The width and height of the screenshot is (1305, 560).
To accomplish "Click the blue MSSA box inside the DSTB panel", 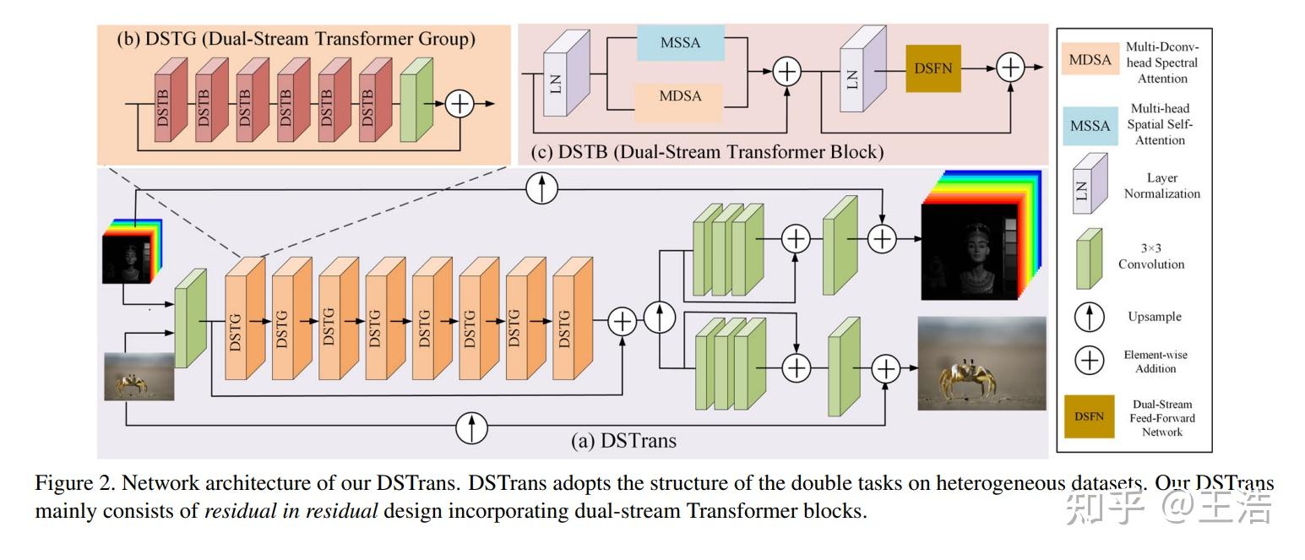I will click(x=681, y=42).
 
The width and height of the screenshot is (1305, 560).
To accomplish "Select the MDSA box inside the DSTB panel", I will click(x=681, y=96).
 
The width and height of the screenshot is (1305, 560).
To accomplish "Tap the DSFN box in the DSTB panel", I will click(x=933, y=68).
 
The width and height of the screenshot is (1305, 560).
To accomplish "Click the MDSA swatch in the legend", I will click(x=1090, y=60).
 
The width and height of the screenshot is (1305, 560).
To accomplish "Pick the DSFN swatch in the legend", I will click(x=1089, y=416).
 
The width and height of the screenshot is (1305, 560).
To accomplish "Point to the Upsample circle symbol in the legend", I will click(x=1090, y=318).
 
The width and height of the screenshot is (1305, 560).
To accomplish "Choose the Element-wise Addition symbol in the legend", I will click(x=1090, y=361).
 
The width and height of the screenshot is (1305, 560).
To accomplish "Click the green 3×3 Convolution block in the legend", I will click(x=1090, y=258).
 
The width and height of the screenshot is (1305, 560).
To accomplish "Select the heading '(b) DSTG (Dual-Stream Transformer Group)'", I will click(x=296, y=39).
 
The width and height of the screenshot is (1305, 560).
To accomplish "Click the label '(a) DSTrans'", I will click(x=624, y=440).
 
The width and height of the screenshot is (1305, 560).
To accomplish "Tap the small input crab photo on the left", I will click(x=139, y=376).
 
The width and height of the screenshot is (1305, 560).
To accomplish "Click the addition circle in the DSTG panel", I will click(x=460, y=104).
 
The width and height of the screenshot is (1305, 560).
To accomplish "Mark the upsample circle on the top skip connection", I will click(x=541, y=188).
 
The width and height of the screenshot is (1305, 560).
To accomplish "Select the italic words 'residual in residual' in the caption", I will click(x=291, y=511).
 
